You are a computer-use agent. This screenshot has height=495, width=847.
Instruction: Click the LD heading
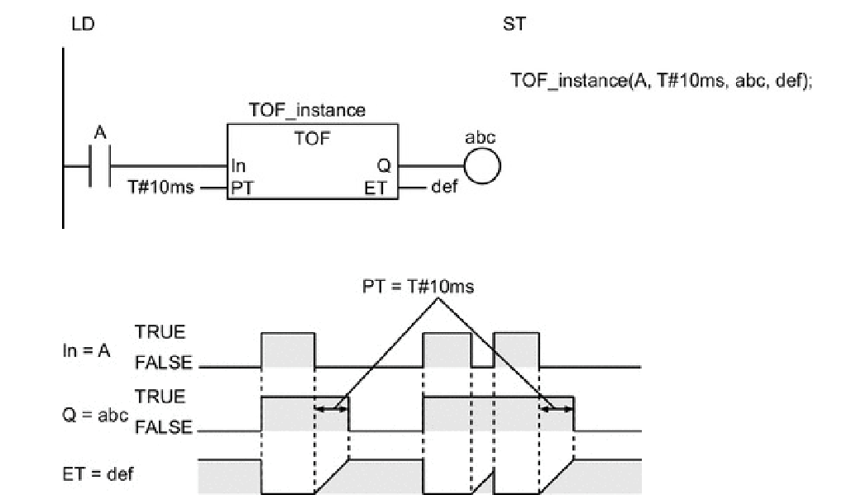(x=83, y=25)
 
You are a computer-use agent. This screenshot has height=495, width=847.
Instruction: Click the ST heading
(x=514, y=25)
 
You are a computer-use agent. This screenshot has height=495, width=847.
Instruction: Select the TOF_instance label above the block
(x=307, y=110)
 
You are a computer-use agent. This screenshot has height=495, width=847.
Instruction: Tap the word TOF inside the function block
(x=311, y=138)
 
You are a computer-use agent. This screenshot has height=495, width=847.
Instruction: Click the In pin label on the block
(x=239, y=165)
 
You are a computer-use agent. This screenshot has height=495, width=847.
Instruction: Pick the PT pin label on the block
(x=242, y=188)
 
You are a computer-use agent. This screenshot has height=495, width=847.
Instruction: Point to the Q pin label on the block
(x=382, y=165)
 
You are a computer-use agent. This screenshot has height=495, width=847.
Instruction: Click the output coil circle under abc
(x=482, y=165)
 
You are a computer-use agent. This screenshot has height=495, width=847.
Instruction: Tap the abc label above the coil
(x=480, y=138)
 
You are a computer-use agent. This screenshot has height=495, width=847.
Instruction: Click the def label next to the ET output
(x=443, y=188)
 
